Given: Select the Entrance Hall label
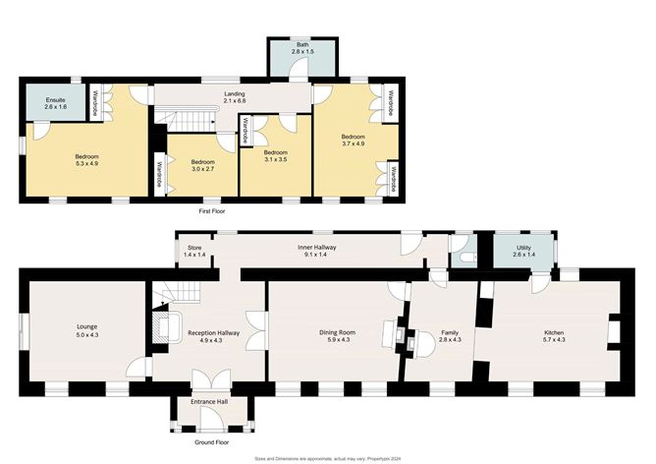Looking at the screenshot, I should pyautogui.click(x=208, y=404).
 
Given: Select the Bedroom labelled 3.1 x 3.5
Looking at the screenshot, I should pyautogui.click(x=275, y=156).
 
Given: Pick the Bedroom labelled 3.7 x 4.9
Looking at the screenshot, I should pyautogui.click(x=354, y=141).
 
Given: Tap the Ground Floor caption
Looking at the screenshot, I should pyautogui.click(x=208, y=443).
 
